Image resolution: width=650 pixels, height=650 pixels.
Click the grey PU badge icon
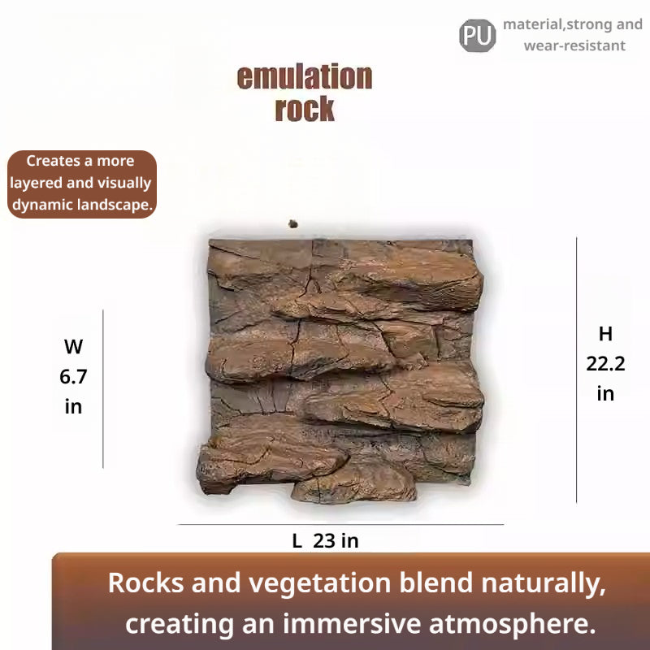tap(477, 35)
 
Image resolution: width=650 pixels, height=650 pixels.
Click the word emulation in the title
tap(305, 77)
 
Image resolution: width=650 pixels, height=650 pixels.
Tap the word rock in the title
tap(305, 109)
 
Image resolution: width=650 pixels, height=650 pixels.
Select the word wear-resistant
tap(574, 45)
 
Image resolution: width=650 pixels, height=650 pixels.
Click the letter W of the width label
tap(73, 347)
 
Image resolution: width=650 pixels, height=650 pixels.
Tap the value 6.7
tap(73, 377)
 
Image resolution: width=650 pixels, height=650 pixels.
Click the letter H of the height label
tap(605, 334)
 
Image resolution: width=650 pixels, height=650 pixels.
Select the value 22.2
tap(605, 364)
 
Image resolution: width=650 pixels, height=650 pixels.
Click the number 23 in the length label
tap(324, 540)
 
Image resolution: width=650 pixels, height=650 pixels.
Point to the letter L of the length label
tap(297, 540)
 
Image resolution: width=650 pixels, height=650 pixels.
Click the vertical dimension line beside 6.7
tap(103, 389)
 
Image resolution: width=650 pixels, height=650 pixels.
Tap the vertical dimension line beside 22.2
tap(576, 370)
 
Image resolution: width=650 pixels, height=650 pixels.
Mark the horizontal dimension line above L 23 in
tap(340, 524)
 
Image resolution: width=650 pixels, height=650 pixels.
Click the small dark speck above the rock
tap(293, 224)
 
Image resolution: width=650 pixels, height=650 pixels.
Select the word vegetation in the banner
tap(320, 583)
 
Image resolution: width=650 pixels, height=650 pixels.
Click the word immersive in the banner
tap(351, 624)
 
